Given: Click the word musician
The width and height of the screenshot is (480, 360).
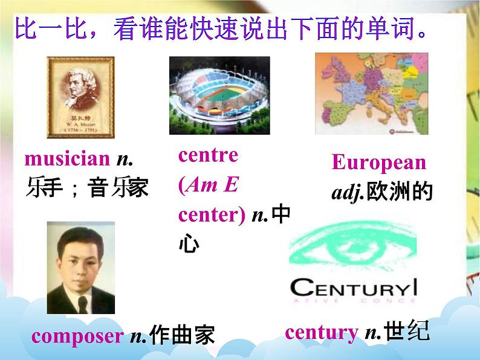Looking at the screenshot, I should point(67,159).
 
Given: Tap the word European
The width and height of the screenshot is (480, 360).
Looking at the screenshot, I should point(378,162).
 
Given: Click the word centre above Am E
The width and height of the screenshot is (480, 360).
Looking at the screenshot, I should point(208,155).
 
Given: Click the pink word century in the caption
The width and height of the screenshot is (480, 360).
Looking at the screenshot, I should point(321,332).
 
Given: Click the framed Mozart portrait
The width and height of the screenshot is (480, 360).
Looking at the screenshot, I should point(80,97).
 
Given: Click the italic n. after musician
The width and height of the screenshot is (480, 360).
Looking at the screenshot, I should point(124,159).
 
